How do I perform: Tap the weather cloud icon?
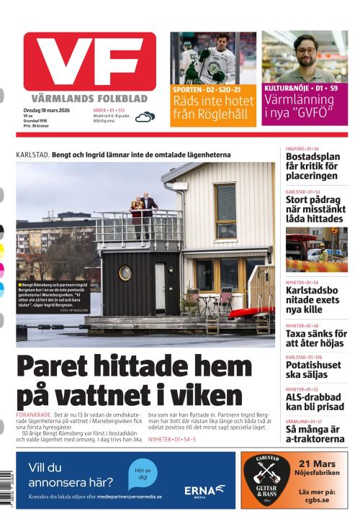coord(145,117)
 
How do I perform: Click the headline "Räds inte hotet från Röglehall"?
coord(213,107)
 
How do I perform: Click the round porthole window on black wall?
coord(125,273)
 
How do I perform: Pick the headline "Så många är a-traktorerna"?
coord(315,434)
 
